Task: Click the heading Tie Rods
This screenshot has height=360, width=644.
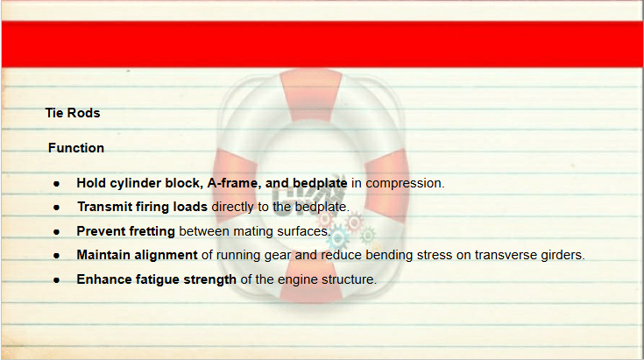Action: coord(73,113)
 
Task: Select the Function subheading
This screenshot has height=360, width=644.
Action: coord(76,148)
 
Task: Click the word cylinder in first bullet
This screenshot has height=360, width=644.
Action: coord(136,183)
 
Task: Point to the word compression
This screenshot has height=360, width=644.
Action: coord(405,183)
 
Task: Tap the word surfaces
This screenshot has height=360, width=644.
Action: coord(304,231)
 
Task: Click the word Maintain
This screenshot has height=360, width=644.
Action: coord(103,255)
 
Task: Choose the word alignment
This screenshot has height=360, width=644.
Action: coord(166,256)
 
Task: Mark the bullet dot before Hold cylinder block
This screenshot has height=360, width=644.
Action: coord(57,184)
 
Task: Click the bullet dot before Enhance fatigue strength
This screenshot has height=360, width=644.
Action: coord(57,280)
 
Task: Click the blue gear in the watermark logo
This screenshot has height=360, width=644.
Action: coord(338,238)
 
